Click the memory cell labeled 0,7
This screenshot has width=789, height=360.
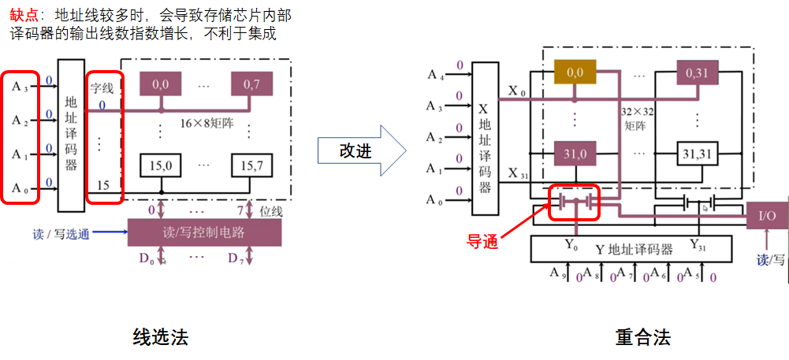pos(251,84)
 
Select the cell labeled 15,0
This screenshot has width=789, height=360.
pos(161,166)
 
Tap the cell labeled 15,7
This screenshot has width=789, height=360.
pos(251,166)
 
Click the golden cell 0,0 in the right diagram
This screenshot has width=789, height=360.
pos(575,72)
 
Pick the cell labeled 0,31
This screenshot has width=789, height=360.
pos(697,72)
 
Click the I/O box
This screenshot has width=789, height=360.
pos(766,215)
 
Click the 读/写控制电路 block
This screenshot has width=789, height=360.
pos(204,232)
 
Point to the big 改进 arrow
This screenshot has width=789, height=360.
pos(360,150)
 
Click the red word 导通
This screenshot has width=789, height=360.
pos(482,242)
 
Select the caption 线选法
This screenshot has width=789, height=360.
pos(161,338)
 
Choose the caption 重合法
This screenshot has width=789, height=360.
pos(642,338)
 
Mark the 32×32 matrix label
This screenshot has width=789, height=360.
pos(635,118)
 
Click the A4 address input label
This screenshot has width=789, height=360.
pos(436,75)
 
